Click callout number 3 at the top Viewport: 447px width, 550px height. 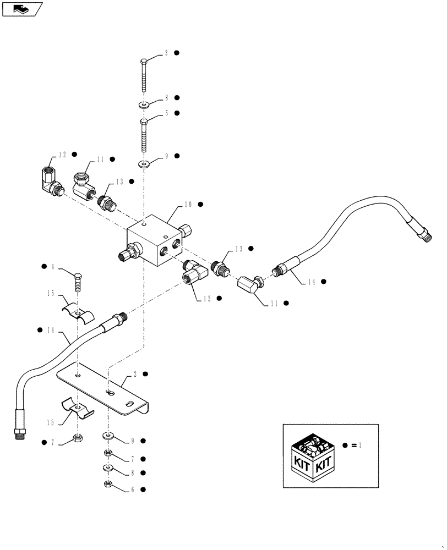point(166,53)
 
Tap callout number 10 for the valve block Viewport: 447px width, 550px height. point(188,205)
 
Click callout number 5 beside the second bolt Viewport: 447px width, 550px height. point(166,113)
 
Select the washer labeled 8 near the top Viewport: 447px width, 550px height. point(143,104)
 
